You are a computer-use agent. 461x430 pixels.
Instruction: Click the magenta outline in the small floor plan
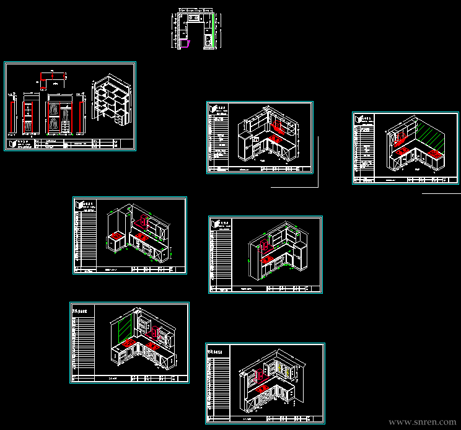tap(184, 43)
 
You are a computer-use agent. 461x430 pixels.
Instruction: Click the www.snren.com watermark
tap(422, 422)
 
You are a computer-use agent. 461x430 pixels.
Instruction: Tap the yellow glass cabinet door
tap(287, 372)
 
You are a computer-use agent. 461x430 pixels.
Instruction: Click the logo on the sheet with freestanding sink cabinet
tap(81, 204)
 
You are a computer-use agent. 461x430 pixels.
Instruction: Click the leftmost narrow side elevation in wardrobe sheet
tap(13, 115)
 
